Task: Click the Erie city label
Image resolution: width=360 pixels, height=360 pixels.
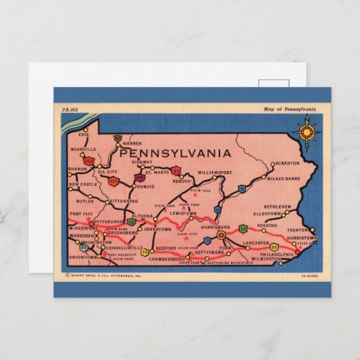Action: pos(84,134)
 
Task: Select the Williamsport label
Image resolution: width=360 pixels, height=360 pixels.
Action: pos(215,173)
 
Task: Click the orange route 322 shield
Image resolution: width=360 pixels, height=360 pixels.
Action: pos(113,181)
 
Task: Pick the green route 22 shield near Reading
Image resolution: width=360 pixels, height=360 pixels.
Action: pos(243,229)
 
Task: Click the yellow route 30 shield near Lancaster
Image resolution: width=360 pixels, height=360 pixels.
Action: pos(274,247)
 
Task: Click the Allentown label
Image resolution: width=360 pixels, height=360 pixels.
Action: pos(266,213)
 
